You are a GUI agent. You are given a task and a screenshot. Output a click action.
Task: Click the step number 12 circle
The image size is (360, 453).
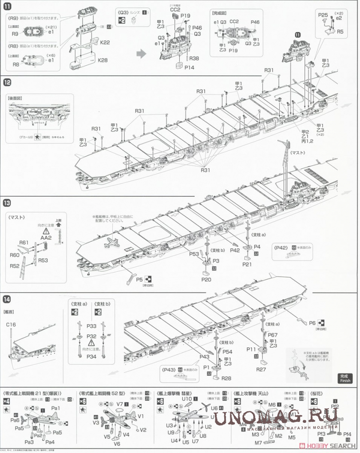pos(7,82)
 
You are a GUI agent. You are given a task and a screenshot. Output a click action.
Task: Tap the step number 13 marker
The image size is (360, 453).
pos(7,203)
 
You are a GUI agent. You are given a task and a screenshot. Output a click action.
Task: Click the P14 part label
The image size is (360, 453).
pos(190,68)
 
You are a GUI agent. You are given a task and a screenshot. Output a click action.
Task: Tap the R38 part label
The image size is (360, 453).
pos(194,58)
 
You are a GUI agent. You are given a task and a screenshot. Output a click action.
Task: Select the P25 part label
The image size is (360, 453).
pos(323,15)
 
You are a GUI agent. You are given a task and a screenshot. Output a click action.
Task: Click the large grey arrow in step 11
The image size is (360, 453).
pos(140,54)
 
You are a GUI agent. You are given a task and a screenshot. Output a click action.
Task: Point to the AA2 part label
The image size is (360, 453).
pos(46,238)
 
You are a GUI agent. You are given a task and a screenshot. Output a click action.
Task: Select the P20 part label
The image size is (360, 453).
pos(206,280)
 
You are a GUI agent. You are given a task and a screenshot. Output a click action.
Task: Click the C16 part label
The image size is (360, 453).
pos(11,325)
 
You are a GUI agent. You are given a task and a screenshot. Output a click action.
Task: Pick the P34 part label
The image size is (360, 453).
pos(92,356)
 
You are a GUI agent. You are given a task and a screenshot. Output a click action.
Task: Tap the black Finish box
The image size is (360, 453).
pos(345,378)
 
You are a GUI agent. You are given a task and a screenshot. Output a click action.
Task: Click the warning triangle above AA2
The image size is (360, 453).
pos(46,231)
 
